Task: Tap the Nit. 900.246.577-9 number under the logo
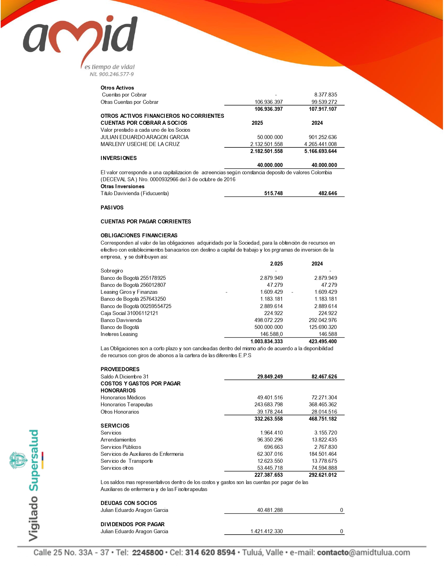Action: (111, 74)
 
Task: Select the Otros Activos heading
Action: (117, 88)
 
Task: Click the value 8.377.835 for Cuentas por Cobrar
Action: (325, 95)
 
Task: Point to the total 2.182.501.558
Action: (266, 151)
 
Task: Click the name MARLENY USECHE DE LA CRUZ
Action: (140, 144)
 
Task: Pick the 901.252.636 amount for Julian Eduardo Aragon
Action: (322, 137)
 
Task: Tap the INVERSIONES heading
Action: (118, 158)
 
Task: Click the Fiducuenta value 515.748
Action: (273, 193)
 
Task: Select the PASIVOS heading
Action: (112, 208)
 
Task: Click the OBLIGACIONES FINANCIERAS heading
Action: (139, 236)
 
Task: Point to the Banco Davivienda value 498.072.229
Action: (268, 320)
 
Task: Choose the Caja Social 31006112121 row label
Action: (129, 313)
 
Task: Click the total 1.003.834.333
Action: (266, 342)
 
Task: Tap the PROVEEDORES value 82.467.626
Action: (324, 377)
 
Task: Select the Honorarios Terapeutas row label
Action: (126, 405)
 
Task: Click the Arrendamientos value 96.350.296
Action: (270, 440)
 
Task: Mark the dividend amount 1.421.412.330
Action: (266, 531)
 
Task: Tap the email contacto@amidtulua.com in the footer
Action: (363, 553)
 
